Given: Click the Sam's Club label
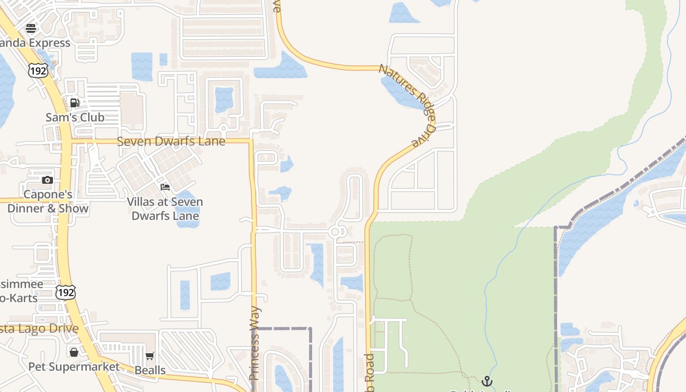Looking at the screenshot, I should [x=75, y=118].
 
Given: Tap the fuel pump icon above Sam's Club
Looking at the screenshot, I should [x=75, y=103].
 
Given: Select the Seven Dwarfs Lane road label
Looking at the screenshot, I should [x=171, y=142].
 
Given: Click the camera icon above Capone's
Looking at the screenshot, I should [x=48, y=180].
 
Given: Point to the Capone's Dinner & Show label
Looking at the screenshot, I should [x=48, y=201].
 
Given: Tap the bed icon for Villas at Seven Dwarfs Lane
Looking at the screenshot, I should [x=165, y=187].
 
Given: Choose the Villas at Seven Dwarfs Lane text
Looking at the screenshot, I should [x=165, y=209].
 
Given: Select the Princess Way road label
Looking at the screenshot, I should [x=254, y=343].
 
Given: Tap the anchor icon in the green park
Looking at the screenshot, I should [x=487, y=381].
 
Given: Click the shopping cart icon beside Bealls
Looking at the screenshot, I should [x=150, y=356].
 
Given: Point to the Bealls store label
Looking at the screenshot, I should [x=150, y=370].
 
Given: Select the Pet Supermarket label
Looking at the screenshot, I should [x=74, y=367].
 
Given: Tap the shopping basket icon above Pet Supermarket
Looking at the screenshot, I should [x=73, y=352].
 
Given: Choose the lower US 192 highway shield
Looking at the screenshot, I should [x=66, y=293].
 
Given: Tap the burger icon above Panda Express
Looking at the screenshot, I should [x=31, y=28].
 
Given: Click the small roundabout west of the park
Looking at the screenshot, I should [x=336, y=232].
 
